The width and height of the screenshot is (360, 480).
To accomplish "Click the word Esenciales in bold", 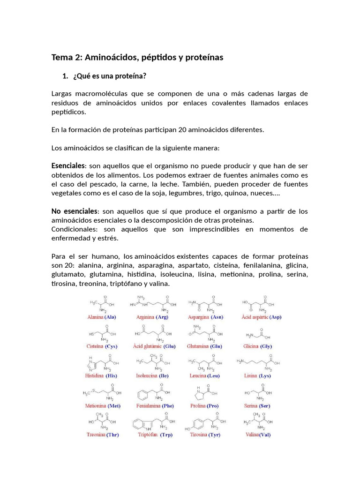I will click(x=68, y=166).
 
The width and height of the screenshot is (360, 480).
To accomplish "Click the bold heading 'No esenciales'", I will click(x=74, y=211).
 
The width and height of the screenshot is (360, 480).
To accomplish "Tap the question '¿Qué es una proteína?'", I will click(x=106, y=76).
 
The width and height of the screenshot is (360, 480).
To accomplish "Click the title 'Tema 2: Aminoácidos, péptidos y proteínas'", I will click(x=137, y=58).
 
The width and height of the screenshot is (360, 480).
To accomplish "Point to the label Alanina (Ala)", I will click(x=102, y=317).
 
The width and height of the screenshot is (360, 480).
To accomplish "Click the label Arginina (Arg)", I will click(x=152, y=317).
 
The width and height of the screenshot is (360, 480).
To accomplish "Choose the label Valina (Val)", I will click(x=258, y=435).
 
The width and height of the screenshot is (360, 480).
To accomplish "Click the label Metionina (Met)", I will click(x=101, y=405).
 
